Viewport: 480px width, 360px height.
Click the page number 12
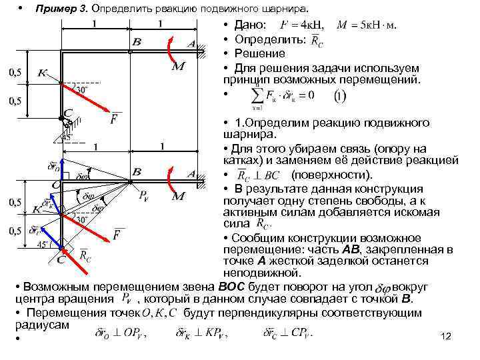tap(447, 337)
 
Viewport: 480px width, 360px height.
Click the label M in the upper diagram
tap(178, 67)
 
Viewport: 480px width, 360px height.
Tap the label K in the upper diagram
tap(43, 72)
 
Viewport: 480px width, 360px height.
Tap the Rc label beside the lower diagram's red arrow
tap(86, 254)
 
